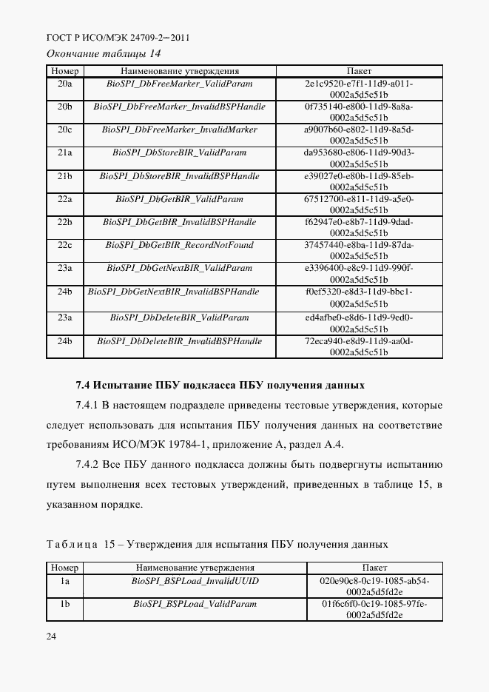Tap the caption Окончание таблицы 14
click(x=104, y=54)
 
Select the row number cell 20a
click(x=65, y=84)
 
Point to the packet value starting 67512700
click(x=359, y=204)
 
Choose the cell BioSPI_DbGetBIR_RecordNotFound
click(x=180, y=245)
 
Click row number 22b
click(x=65, y=222)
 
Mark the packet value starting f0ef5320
click(x=359, y=297)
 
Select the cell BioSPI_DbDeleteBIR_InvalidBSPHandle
click(x=180, y=341)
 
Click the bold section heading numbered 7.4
click(x=220, y=386)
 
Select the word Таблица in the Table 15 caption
click(x=72, y=545)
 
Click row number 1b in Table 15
click(x=65, y=604)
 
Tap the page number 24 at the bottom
click(x=52, y=636)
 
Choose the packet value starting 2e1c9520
click(x=359, y=89)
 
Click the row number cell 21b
click(x=65, y=176)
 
